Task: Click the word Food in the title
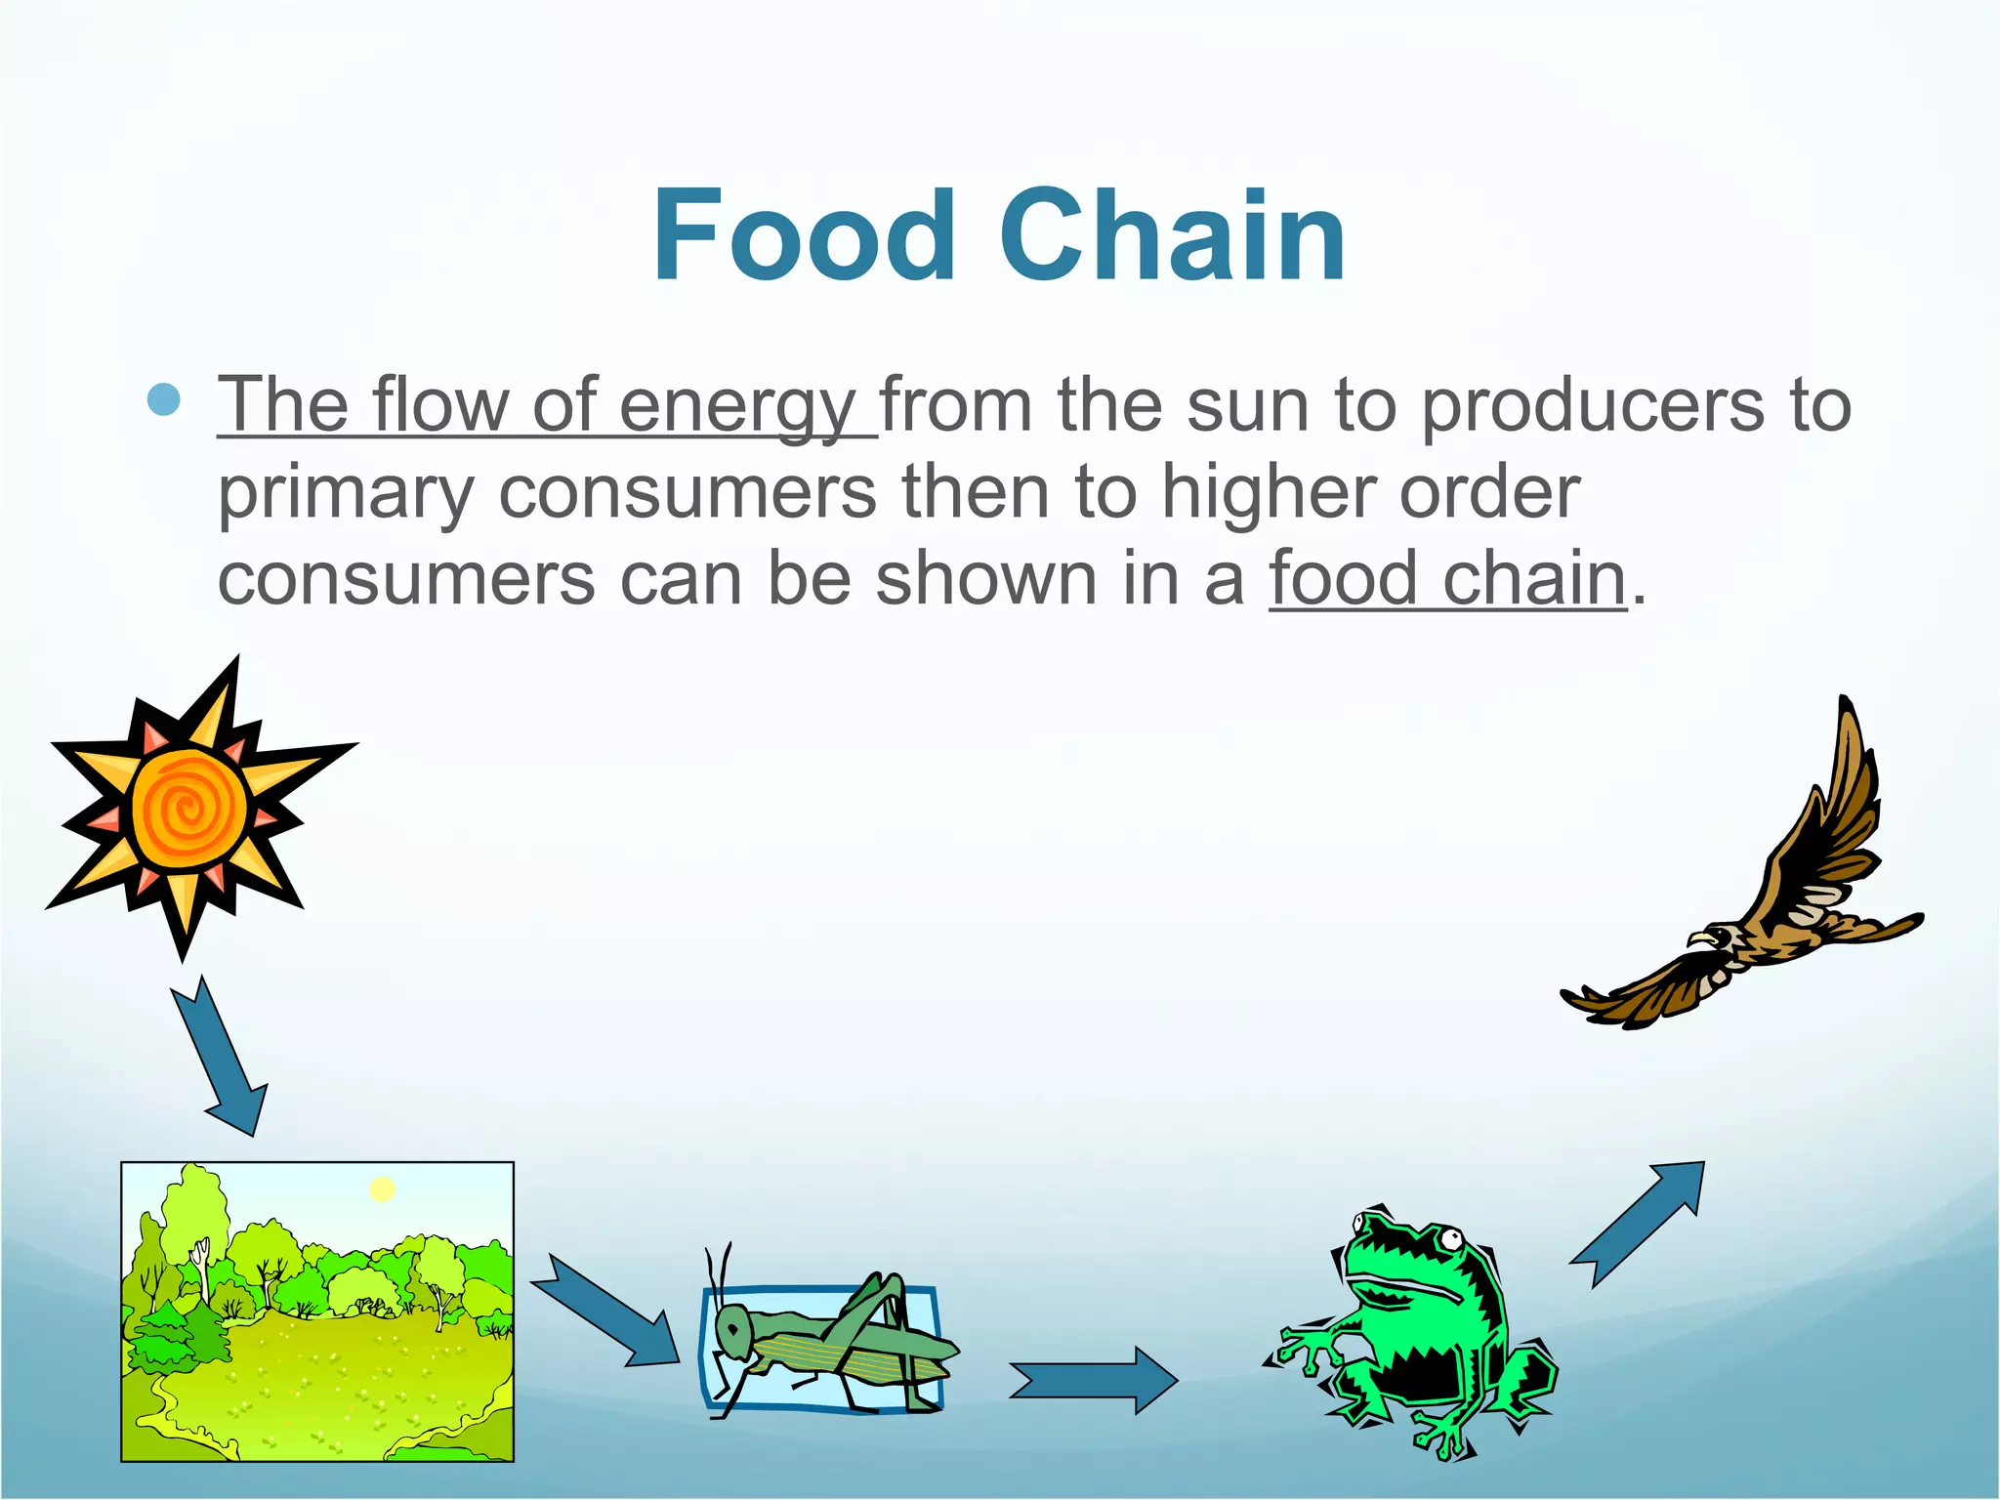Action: (x=803, y=236)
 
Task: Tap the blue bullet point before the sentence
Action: (x=164, y=400)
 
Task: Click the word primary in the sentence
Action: (x=346, y=493)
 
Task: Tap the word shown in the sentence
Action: (x=986, y=578)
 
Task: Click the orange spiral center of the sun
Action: (x=188, y=810)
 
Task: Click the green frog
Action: (x=1416, y=1328)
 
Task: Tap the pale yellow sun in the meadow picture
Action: (x=382, y=1189)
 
